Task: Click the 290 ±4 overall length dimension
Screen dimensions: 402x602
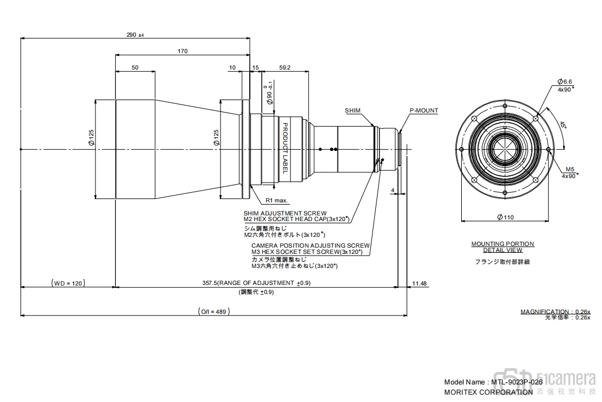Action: click(135, 35)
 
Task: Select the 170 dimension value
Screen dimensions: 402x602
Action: click(182, 51)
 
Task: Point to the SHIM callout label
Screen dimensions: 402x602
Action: click(353, 111)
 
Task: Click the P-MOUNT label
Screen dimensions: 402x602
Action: click(423, 111)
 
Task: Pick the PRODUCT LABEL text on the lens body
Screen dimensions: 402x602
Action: click(285, 148)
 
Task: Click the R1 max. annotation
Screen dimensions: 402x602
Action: click(277, 200)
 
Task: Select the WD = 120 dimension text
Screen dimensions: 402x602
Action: click(68, 283)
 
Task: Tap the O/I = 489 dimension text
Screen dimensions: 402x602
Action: click(214, 312)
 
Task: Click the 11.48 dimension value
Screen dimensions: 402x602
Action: click(419, 283)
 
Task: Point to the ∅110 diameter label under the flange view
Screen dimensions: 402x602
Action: click(505, 217)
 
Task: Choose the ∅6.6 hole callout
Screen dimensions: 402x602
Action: click(565, 82)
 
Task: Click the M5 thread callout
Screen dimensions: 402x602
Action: click(569, 169)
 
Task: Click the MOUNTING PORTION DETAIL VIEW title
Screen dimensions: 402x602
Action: click(503, 247)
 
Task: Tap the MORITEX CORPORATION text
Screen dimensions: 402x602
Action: click(488, 392)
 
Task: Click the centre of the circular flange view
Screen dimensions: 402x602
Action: click(505, 149)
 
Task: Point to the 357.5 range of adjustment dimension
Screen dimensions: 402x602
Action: click(256, 283)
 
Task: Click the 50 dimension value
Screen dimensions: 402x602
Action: click(135, 68)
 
